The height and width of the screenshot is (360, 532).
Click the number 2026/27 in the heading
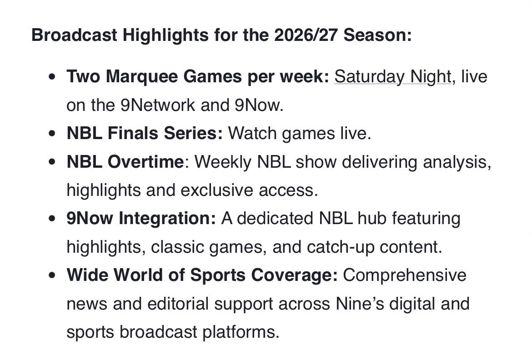click(306, 35)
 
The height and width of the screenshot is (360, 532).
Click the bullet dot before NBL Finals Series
click(54, 134)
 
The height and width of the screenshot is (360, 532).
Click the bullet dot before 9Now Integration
click(54, 219)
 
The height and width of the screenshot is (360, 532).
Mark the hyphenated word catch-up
click(335, 247)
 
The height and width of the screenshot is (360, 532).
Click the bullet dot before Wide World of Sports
click(54, 276)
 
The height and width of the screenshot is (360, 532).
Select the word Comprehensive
click(405, 275)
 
